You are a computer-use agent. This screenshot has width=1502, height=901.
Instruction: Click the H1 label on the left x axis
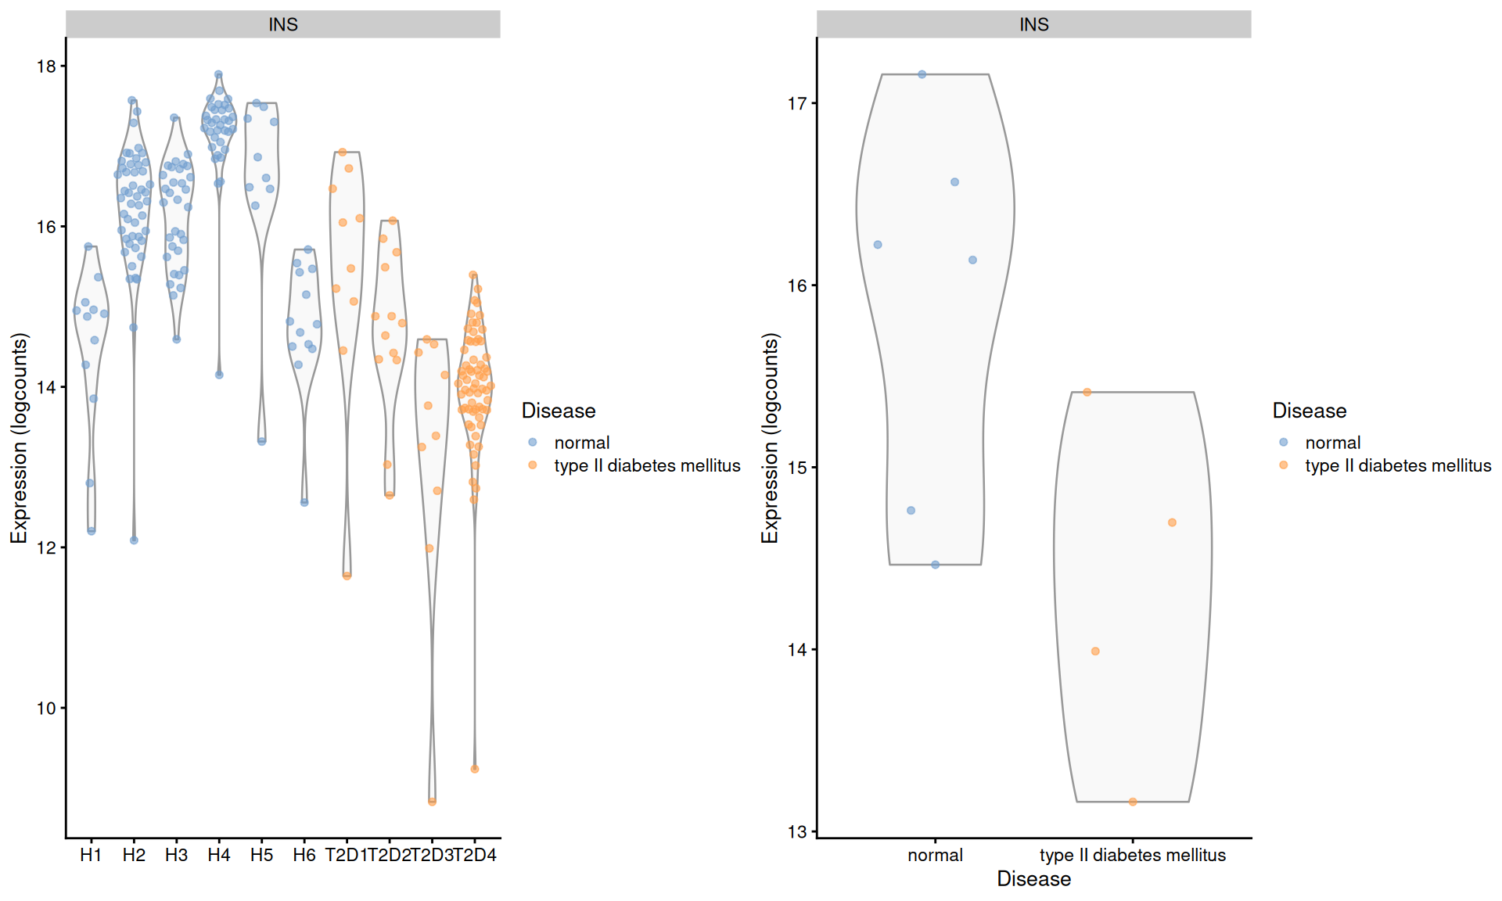(x=91, y=855)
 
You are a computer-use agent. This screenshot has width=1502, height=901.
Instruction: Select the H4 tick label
(x=219, y=855)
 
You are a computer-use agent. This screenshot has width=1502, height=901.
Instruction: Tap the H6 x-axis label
(x=304, y=855)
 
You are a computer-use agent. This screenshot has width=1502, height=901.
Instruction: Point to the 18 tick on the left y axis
(x=47, y=66)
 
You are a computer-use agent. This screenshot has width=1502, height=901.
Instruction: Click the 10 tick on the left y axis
(x=47, y=708)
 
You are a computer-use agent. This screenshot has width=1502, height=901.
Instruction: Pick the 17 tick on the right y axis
(x=797, y=103)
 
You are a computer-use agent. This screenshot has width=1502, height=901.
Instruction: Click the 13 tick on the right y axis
(x=797, y=831)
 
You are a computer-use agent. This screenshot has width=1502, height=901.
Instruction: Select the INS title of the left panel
(x=283, y=24)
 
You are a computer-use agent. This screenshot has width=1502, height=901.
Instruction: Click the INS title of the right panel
(x=1033, y=24)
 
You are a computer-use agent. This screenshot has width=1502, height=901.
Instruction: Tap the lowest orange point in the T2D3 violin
(x=433, y=801)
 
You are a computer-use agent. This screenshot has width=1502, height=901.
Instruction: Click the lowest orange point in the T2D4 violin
(x=475, y=769)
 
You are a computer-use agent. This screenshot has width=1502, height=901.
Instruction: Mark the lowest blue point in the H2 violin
(x=134, y=540)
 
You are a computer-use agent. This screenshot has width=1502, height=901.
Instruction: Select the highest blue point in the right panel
(x=922, y=74)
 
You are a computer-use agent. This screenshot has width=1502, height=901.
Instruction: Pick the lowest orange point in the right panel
(x=1133, y=802)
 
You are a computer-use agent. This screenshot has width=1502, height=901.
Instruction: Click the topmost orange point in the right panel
(x=1087, y=392)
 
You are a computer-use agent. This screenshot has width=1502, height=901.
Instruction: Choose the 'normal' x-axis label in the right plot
(x=935, y=855)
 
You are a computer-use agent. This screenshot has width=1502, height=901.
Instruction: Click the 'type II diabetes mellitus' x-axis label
(x=1133, y=855)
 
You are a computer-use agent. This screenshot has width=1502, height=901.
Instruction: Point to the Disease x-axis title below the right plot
(x=1033, y=879)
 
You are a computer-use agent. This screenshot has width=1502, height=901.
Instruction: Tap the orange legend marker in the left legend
(x=533, y=465)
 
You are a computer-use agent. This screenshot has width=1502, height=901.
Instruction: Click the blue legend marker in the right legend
(x=1284, y=442)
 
